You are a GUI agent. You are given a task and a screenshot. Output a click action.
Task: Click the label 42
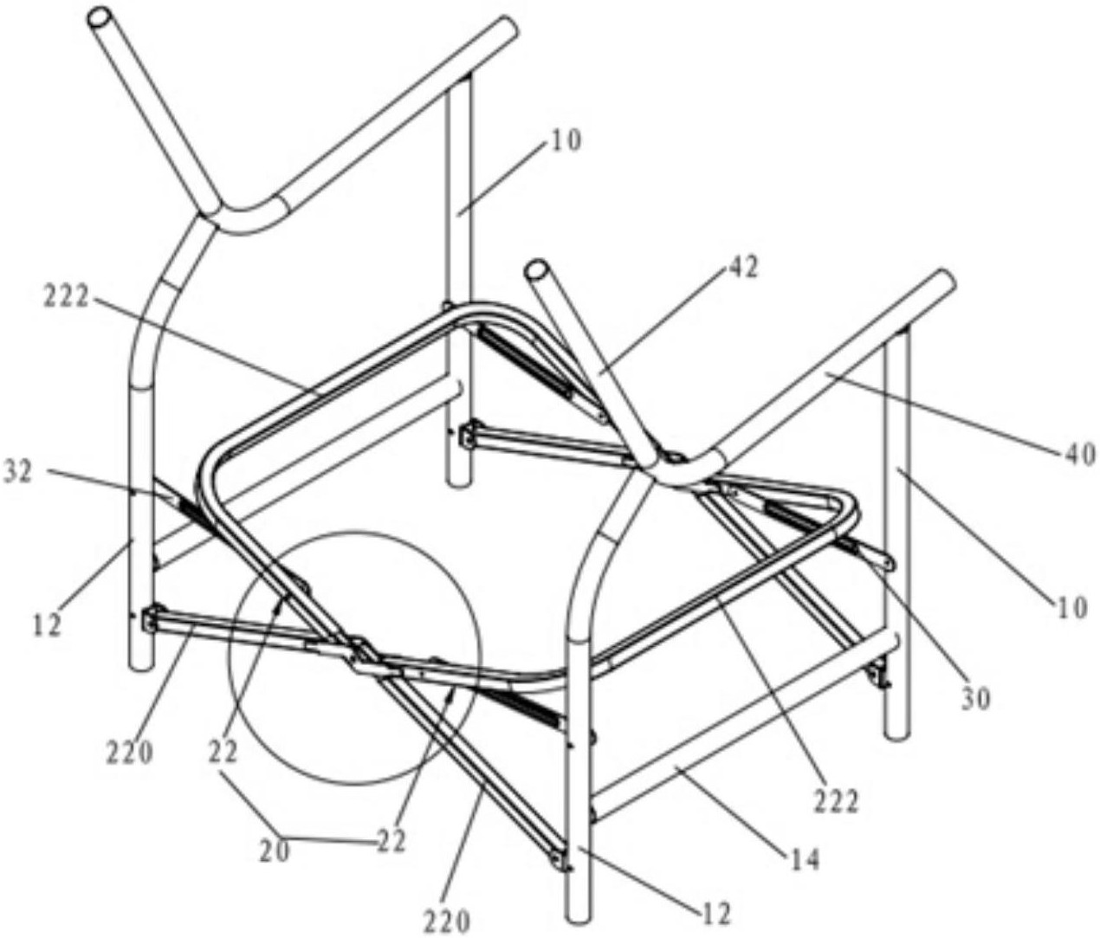[x=740, y=269]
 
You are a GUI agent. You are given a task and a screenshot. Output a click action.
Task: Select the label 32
[x=20, y=473]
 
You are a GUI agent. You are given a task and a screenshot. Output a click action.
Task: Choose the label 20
[x=275, y=850]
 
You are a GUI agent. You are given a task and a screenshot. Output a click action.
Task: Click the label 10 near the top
[x=563, y=143]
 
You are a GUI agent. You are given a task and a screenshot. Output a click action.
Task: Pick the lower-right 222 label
[x=836, y=801]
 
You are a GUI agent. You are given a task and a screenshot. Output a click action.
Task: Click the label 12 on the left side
[x=49, y=625]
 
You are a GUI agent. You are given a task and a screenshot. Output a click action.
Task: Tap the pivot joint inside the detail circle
[x=364, y=657]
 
